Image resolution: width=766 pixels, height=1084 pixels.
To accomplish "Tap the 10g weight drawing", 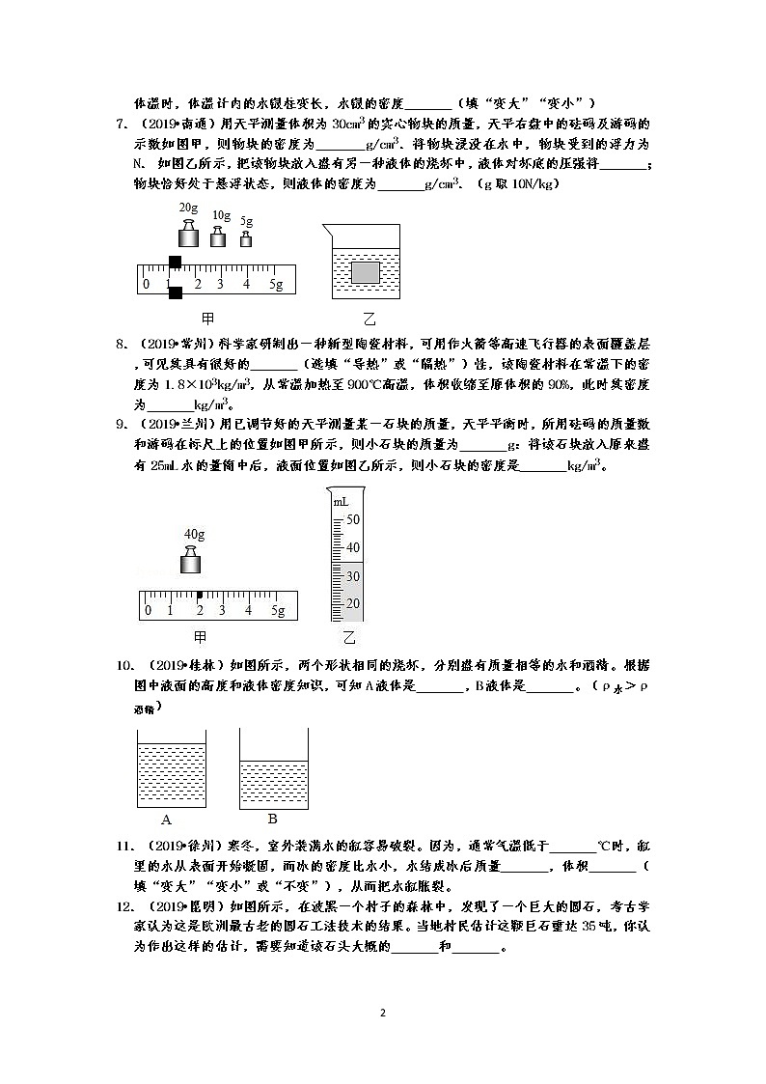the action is (218, 236).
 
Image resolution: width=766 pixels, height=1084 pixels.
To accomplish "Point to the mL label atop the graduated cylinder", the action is (341, 502).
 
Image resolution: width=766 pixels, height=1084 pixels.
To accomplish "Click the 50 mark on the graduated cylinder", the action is (352, 519).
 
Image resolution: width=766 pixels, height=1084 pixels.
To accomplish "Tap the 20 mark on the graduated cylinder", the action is (352, 603).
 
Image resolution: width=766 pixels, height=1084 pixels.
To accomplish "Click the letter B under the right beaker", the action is (273, 819).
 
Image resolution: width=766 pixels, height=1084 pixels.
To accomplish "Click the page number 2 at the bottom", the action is (383, 1013).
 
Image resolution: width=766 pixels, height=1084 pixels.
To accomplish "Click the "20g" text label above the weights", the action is (188, 208).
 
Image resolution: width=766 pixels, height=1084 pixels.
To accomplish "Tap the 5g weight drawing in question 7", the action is (246, 238).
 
